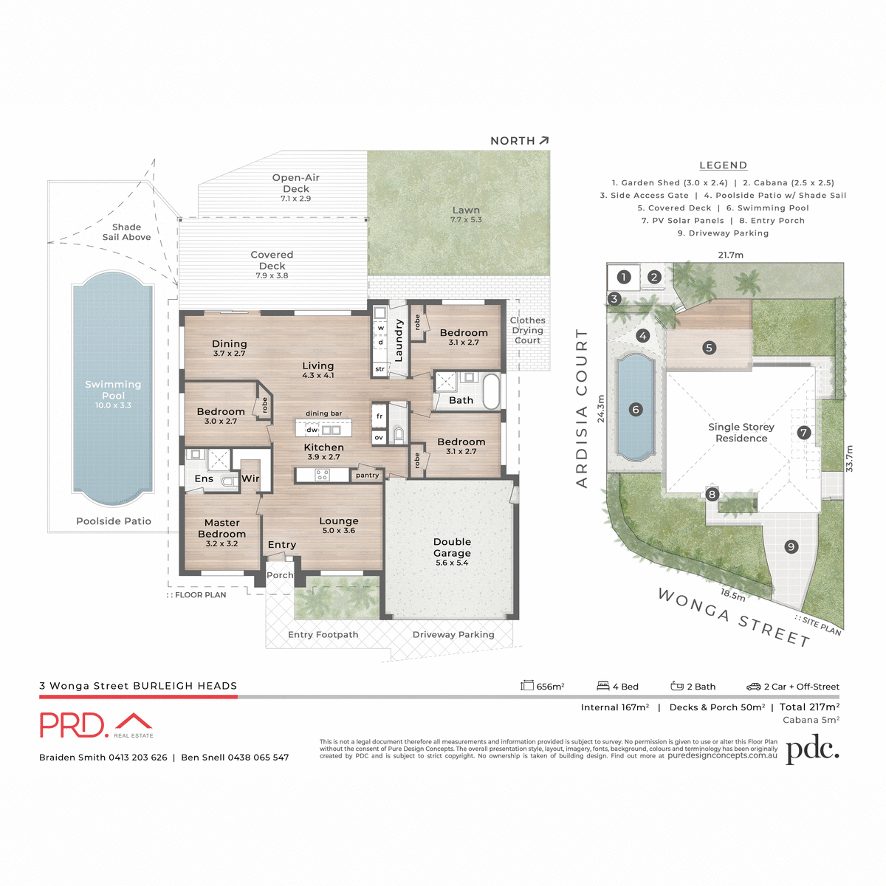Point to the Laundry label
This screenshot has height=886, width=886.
coord(399,340)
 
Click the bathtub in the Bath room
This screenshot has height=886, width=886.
coord(491,391)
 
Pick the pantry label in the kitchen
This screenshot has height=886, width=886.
coord(367,475)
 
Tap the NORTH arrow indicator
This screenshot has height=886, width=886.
coord(544,140)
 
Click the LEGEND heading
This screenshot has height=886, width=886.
coord(723,165)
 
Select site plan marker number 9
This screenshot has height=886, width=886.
coord(791,546)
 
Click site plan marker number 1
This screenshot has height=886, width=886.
coord(624,277)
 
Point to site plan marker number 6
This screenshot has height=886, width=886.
coord(635,409)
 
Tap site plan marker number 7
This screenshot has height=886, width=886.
coord(804,433)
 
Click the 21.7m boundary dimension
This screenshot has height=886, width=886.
coord(730,255)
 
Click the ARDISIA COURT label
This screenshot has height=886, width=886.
coord(582,408)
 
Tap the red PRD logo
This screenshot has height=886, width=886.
coord(74,725)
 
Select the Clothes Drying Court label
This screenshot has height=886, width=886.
coord(527,330)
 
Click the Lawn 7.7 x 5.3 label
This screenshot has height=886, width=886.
coord(466,214)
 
